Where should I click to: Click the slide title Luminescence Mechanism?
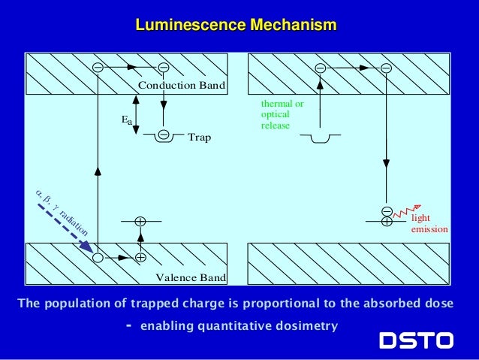click(236, 26)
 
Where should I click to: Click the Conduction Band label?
click(182, 86)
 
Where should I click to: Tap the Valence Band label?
click(191, 278)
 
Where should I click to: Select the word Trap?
click(199, 138)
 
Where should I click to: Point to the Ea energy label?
click(126, 119)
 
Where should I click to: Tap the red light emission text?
click(429, 223)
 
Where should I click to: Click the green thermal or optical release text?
click(282, 114)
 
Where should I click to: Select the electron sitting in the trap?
click(163, 135)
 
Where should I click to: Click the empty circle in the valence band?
click(98, 257)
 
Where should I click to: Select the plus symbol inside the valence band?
click(140, 257)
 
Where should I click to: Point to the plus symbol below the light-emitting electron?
click(386, 222)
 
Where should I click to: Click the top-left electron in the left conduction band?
click(98, 68)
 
